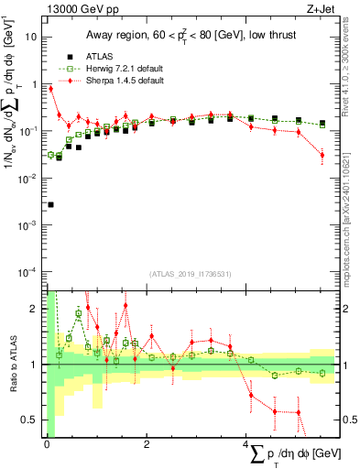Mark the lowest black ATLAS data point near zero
pos(50,204)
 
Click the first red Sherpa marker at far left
pos(50,89)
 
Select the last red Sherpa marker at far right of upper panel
pos(322,155)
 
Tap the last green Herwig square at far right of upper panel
pos(322,124)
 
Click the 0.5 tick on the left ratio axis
pos(33,420)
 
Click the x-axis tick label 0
pos(48,444)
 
